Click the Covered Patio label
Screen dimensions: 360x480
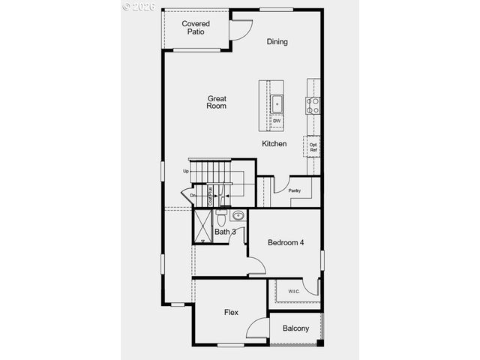(x=196, y=28)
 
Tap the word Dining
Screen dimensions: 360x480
(x=277, y=42)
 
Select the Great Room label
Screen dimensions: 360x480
(x=217, y=102)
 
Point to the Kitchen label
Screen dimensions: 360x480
(x=274, y=143)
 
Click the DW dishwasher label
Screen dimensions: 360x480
(x=276, y=121)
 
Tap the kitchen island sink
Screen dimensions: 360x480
(x=276, y=103)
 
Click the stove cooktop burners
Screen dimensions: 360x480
(x=313, y=105)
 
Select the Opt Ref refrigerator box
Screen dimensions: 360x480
(x=313, y=147)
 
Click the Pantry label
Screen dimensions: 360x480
(x=294, y=190)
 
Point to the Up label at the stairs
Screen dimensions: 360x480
(x=185, y=171)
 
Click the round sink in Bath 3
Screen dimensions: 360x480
(x=238, y=216)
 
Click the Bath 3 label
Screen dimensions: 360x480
(x=225, y=232)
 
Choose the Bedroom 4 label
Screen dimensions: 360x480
(x=286, y=243)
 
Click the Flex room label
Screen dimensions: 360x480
(x=231, y=312)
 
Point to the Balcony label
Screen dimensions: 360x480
(x=295, y=328)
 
